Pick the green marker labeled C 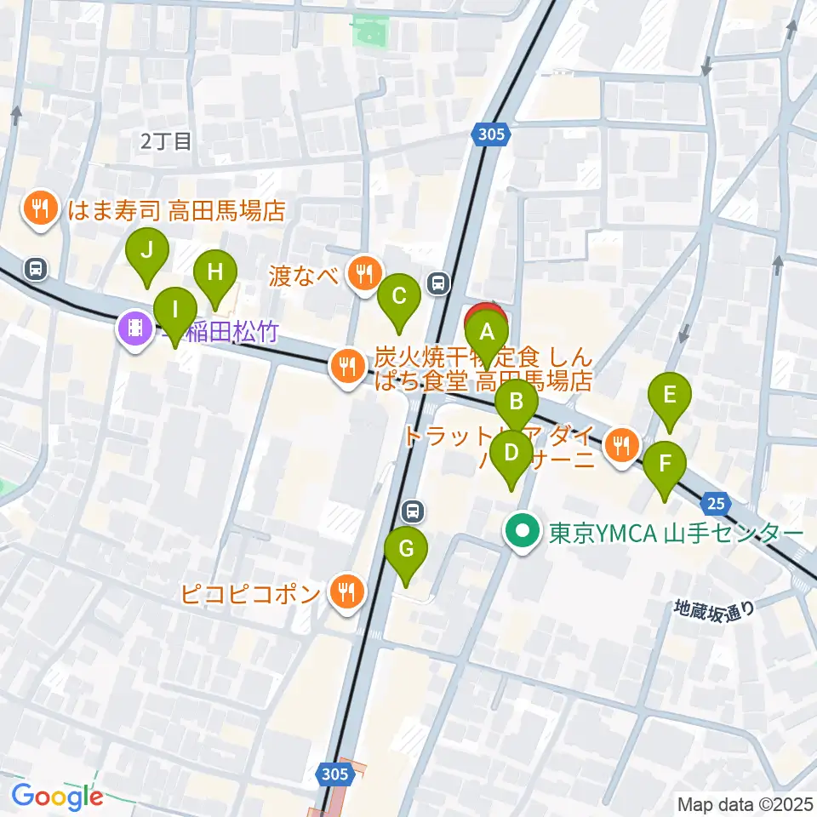point(398,299)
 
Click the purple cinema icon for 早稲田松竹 point(134,326)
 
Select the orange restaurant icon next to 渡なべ point(365,273)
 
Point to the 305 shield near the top point(490,134)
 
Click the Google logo point(57,797)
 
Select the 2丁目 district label point(167,141)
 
